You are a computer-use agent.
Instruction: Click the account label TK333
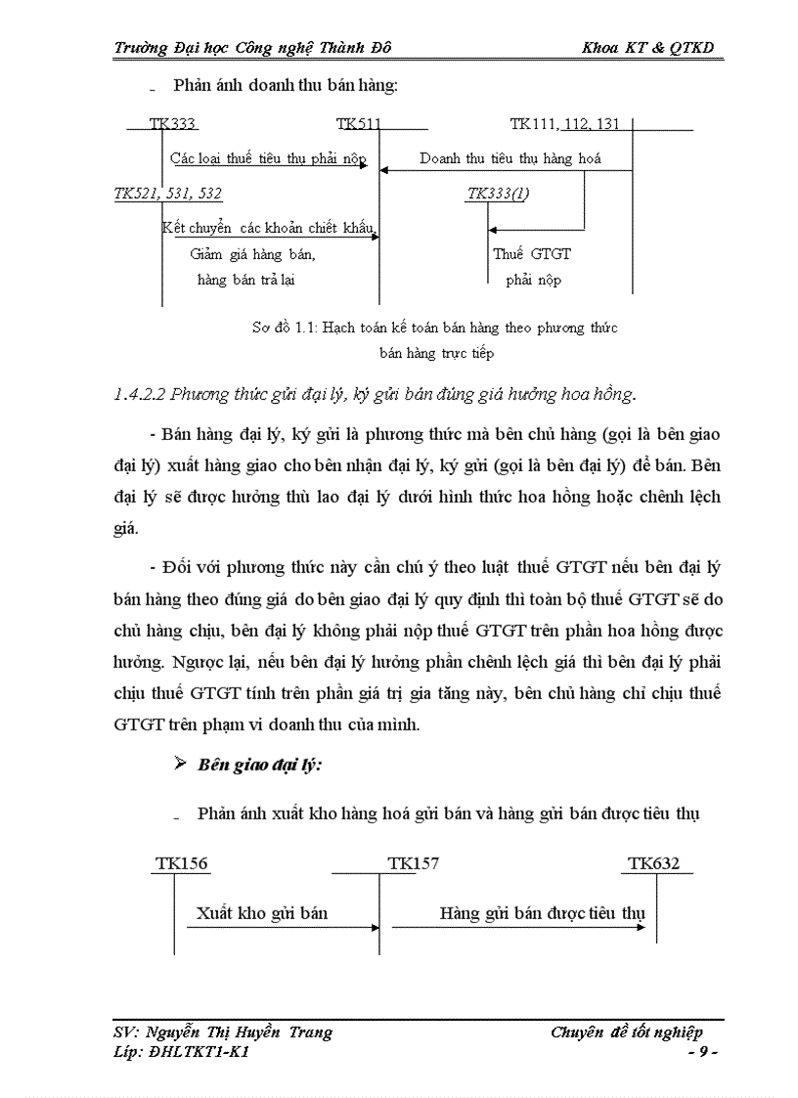(173, 124)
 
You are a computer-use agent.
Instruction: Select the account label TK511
(359, 124)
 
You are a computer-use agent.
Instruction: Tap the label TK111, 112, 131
(564, 124)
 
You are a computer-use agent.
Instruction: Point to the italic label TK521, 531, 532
(168, 194)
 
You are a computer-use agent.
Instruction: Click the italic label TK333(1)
(498, 194)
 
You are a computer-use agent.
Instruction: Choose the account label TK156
(182, 863)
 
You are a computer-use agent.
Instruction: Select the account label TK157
(413, 863)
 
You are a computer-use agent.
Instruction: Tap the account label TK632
(653, 863)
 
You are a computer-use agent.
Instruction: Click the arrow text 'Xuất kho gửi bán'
(261, 913)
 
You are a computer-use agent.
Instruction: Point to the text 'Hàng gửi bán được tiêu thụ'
(542, 913)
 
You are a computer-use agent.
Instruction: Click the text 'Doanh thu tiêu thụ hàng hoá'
(510, 157)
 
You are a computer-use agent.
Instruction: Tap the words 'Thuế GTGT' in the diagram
(532, 253)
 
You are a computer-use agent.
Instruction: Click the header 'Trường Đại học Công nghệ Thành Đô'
(253, 48)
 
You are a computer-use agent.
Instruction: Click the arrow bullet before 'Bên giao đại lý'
(180, 764)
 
